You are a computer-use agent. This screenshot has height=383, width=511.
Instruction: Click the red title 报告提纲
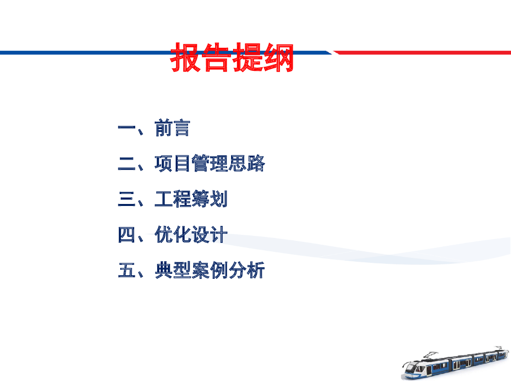pos(232,57)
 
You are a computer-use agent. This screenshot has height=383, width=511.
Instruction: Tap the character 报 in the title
pos(186,57)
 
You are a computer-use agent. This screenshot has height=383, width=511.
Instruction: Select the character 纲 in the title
pos(278,57)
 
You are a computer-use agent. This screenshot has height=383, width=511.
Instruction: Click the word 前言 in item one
pos(172,128)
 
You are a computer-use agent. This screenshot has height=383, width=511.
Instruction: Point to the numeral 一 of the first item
pos(126,128)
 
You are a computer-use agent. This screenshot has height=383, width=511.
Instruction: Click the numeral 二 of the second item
pos(126,164)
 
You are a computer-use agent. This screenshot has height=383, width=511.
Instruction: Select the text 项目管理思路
pos(210,163)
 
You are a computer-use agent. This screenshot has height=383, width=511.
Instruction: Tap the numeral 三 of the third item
pos(126,199)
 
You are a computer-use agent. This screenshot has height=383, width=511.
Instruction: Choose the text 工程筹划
pos(191,198)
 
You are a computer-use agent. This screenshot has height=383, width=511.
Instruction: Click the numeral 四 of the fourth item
pos(126,235)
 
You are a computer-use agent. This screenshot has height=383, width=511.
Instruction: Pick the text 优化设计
pos(191,234)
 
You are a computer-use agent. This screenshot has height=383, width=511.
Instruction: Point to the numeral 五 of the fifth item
pos(126,270)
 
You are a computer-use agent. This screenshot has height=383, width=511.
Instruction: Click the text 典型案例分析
pos(210,270)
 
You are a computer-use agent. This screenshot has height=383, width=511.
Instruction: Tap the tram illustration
pos(455,364)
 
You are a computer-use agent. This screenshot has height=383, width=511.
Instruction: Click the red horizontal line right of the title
pos(422,52)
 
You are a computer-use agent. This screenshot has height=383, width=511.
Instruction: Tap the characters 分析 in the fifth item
pos(247,270)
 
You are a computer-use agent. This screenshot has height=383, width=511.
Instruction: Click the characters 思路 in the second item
pos(247,163)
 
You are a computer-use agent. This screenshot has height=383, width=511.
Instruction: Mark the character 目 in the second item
pos(182,163)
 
